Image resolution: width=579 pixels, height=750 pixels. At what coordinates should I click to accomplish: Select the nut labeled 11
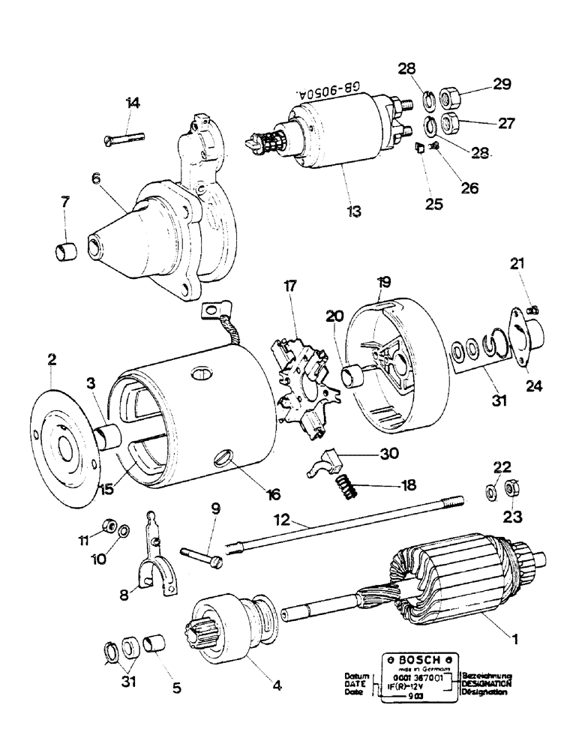(107, 522)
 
